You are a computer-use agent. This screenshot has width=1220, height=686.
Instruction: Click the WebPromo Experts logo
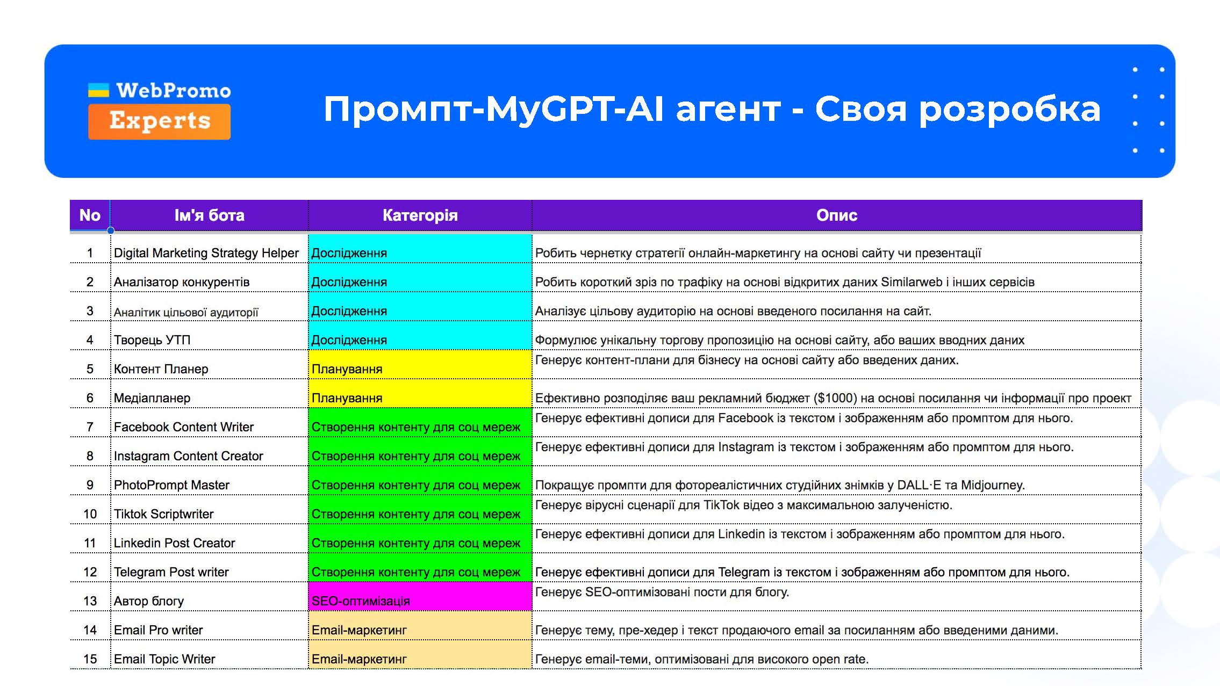(x=159, y=111)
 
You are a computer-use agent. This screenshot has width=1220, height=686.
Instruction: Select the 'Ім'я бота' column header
(x=209, y=215)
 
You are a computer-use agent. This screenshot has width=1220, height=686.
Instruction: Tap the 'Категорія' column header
(x=420, y=215)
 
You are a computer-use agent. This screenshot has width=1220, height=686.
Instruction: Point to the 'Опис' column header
(x=836, y=215)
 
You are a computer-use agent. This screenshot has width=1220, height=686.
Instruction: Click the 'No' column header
(x=90, y=215)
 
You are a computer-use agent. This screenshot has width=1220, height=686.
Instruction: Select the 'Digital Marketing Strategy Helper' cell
(x=206, y=253)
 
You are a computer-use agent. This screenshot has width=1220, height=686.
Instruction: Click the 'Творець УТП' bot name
(x=152, y=340)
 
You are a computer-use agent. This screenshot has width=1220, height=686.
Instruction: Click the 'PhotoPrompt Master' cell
(x=171, y=485)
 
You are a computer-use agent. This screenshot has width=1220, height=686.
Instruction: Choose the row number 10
(x=90, y=514)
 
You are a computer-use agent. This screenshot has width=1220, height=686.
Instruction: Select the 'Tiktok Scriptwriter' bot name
(x=163, y=514)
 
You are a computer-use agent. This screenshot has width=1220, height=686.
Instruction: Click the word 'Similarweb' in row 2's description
(x=911, y=282)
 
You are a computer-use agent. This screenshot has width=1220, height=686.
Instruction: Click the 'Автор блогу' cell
(x=149, y=601)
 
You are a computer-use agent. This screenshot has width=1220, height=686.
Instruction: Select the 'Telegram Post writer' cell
(x=171, y=572)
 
